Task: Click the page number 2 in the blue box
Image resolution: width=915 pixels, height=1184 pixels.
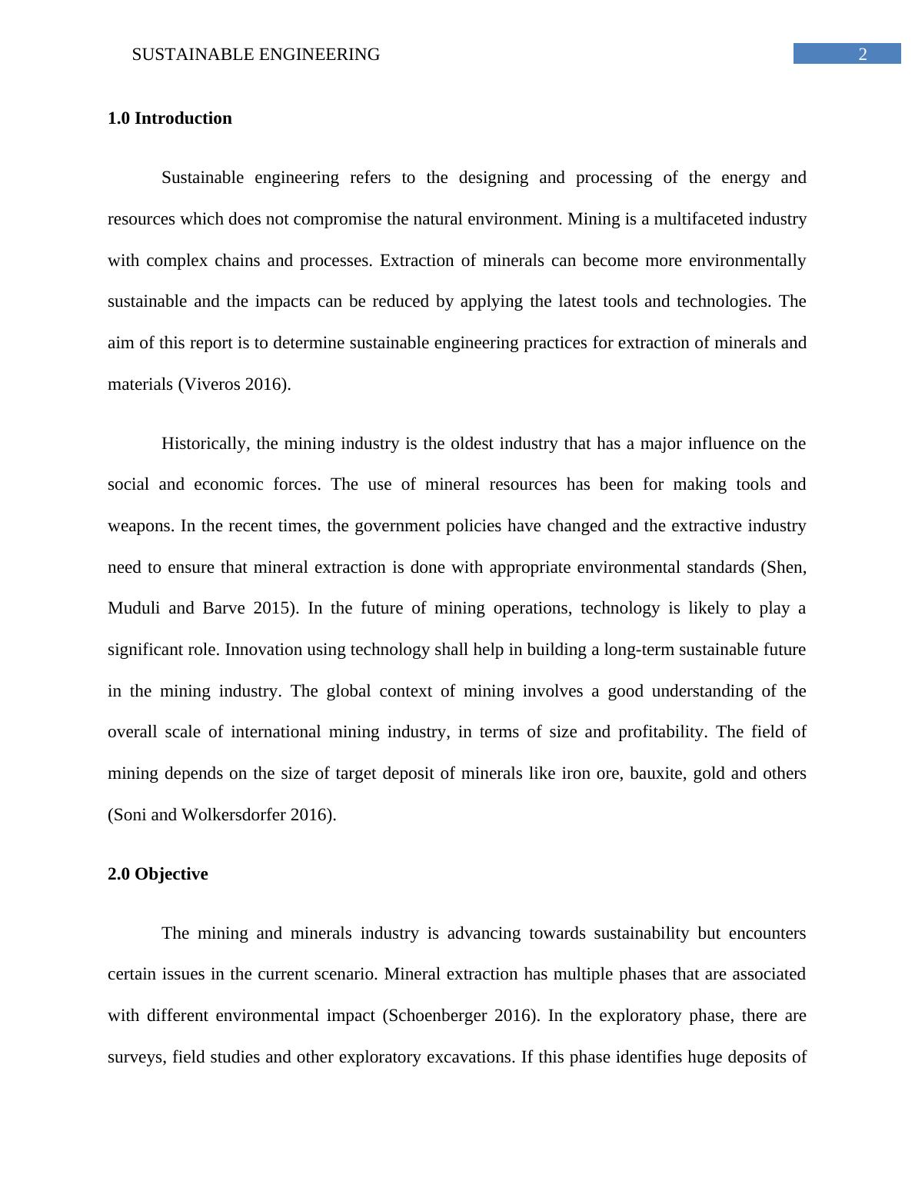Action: point(862,54)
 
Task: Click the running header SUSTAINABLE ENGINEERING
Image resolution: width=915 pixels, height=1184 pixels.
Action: point(256,55)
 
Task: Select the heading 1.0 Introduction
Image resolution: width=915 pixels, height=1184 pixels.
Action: point(170,118)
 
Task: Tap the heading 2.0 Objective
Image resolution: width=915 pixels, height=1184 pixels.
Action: point(158,874)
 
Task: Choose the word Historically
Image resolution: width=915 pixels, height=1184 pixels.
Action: point(204,444)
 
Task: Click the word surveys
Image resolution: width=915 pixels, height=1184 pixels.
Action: point(135,1057)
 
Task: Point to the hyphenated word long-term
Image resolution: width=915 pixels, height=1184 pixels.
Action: point(636,650)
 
